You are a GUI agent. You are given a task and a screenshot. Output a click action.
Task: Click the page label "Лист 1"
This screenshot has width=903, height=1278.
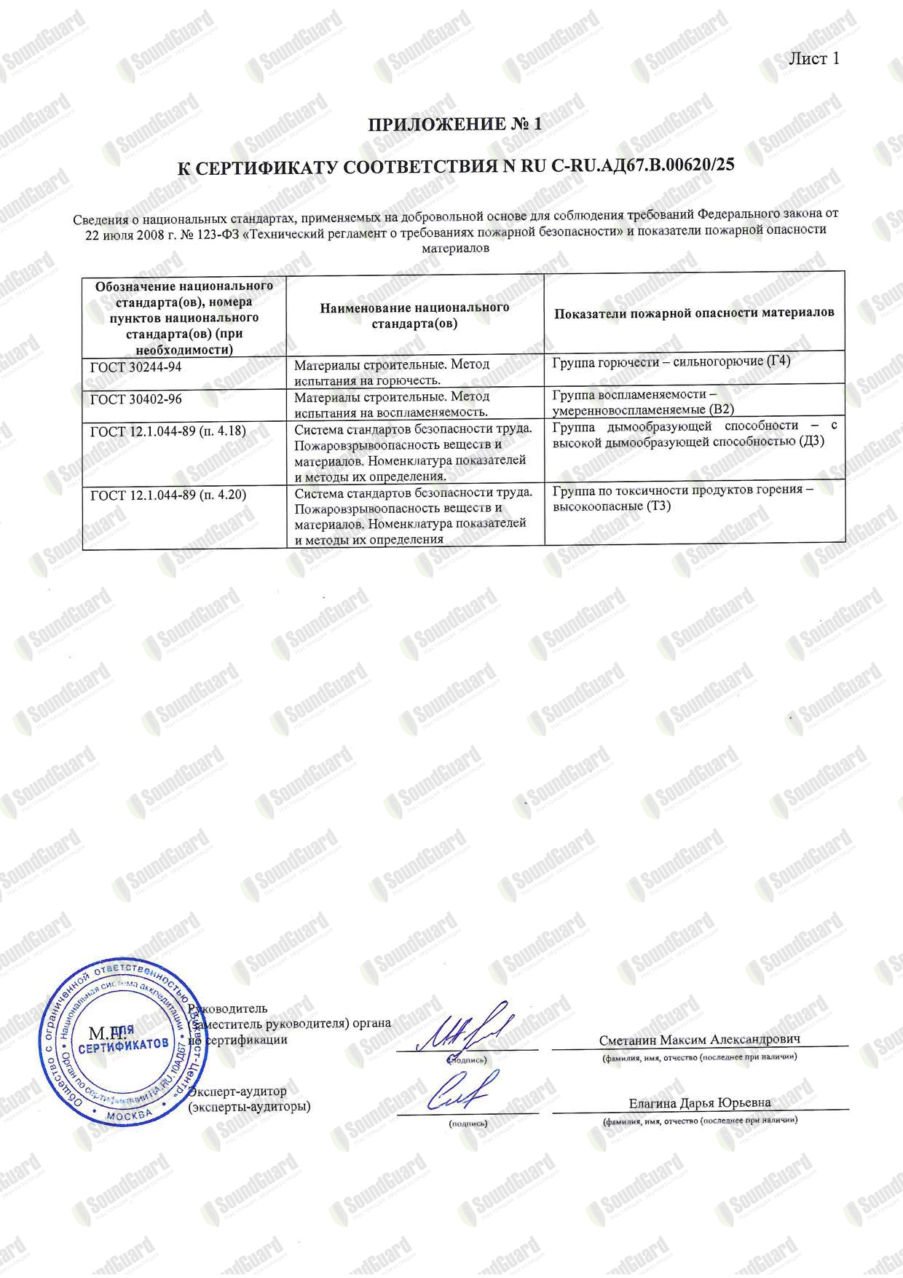pyautogui.click(x=814, y=59)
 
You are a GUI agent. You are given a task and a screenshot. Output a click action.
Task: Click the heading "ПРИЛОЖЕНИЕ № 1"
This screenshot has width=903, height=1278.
pyautogui.click(x=455, y=125)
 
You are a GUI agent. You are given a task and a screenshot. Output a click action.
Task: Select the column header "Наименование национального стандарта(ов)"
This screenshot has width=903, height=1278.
pyautogui.click(x=414, y=315)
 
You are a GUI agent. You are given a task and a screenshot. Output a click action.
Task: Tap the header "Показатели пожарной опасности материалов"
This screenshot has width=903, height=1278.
pyautogui.click(x=694, y=313)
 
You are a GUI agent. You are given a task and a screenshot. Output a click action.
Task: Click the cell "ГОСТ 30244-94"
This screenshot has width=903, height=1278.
pyautogui.click(x=136, y=368)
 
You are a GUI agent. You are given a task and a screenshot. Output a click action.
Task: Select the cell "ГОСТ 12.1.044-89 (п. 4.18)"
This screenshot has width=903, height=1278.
pyautogui.click(x=168, y=431)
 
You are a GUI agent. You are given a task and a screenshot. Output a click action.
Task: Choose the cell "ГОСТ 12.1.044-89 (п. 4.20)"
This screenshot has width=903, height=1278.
pyautogui.click(x=168, y=495)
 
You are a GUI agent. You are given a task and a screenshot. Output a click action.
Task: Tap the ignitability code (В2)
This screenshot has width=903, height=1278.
pyautogui.click(x=732, y=409)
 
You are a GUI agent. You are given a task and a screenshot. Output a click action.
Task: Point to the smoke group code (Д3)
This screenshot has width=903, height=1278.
pyautogui.click(x=811, y=442)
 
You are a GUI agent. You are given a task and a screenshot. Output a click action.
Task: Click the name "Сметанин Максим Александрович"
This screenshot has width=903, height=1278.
pyautogui.click(x=700, y=1040)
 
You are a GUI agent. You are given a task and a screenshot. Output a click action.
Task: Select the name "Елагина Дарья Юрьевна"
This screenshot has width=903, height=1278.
pyautogui.click(x=700, y=1102)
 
